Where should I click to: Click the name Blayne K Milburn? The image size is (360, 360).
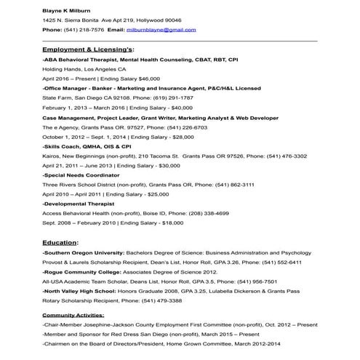point(68,11)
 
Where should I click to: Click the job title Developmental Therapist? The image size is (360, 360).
point(78,204)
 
